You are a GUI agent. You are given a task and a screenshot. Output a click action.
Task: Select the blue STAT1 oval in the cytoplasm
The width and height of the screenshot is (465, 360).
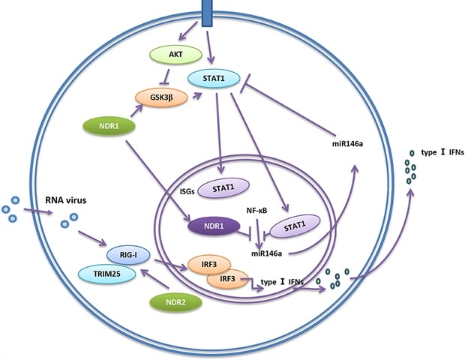[x=209, y=78]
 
